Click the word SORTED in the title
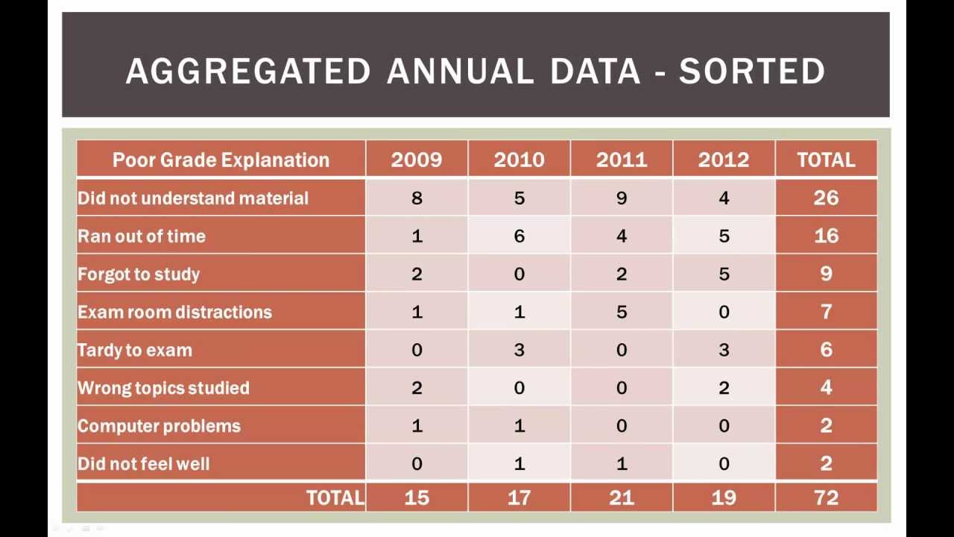(751, 72)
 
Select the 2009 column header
(417, 160)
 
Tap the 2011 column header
(622, 160)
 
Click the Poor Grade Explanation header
(221, 160)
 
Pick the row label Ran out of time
(142, 236)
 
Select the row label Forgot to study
(139, 274)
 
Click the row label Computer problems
(159, 426)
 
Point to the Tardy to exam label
(135, 351)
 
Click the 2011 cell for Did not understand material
(622, 198)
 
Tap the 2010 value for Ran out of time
(519, 236)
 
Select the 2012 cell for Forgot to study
(724, 274)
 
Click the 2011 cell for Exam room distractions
(622, 313)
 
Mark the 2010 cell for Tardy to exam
(519, 351)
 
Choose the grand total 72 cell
(826, 497)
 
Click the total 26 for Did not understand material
(826, 198)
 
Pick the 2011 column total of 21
(622, 497)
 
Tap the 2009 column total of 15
(417, 497)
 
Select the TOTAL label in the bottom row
(335, 497)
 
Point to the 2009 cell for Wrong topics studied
(417, 388)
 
